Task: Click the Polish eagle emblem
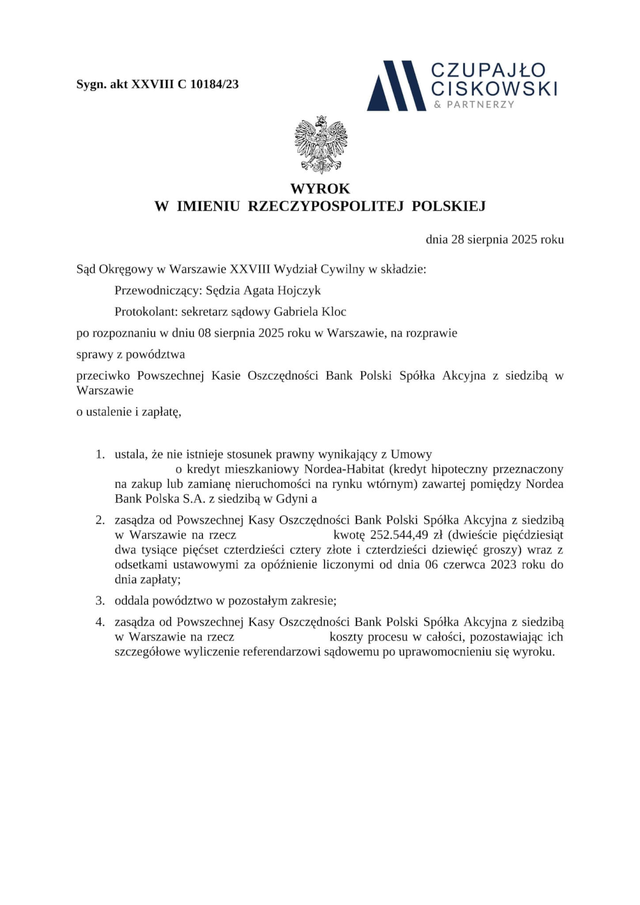[321, 144]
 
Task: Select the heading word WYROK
[320, 189]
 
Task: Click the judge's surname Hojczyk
[299, 290]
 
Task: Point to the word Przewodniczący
[158, 290]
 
